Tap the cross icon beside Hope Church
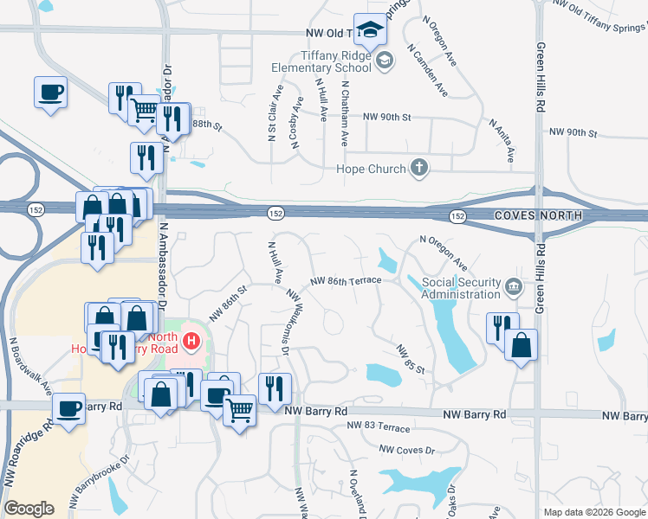coord(419,168)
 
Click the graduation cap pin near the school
coord(370,31)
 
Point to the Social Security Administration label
coord(461,289)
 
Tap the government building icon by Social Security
coord(514,285)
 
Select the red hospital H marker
coord(192,342)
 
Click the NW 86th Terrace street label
coord(346,281)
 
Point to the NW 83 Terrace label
coord(379,426)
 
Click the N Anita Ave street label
coord(502,141)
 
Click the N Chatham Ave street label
coord(345,113)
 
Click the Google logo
coord(29,509)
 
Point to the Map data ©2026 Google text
coord(593,512)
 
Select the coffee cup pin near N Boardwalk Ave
coord(68,408)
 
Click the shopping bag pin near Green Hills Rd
coord(521,345)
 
